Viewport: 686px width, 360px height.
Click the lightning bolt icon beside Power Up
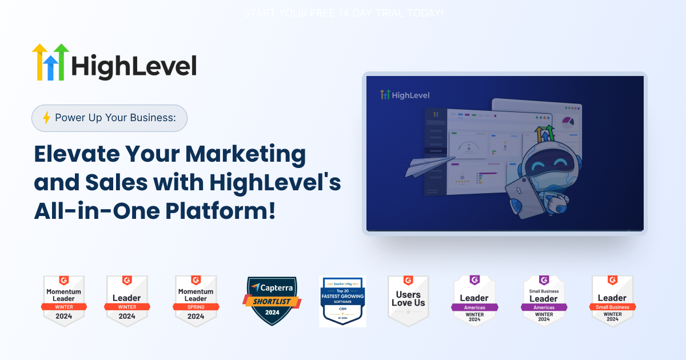pos(47,118)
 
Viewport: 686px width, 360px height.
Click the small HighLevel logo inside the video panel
pos(405,95)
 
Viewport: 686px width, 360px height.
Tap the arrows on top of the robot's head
pos(544,132)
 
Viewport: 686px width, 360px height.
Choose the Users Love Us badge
pos(408,301)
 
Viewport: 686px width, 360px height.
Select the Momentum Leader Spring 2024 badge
pos(196,301)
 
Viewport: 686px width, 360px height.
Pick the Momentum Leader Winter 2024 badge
pos(64,301)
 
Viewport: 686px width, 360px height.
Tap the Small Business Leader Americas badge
pos(544,301)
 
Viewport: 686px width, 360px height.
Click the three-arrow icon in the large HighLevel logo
pos(50,62)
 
